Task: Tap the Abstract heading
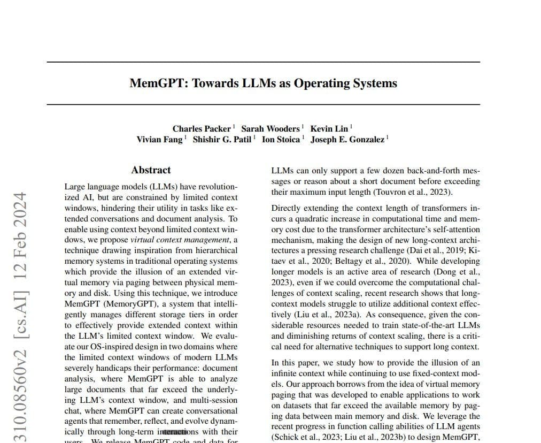[151, 170]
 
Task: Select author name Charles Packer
[202, 129]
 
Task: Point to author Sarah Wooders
[270, 129]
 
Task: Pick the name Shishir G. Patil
[221, 140]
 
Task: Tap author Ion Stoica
[281, 140]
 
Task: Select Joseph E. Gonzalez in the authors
[347, 140]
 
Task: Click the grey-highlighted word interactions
[178, 432]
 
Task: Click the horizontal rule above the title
[263, 62]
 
